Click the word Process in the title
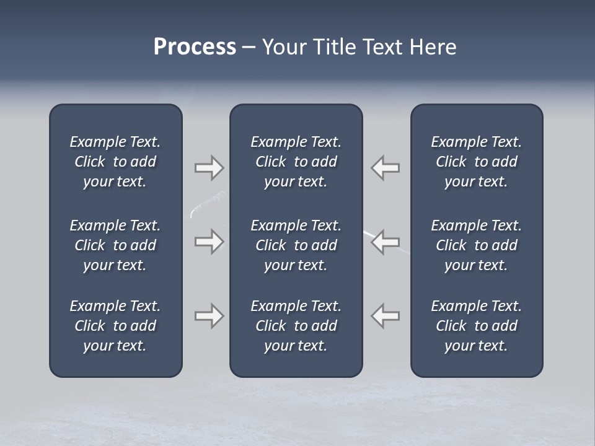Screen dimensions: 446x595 [195, 47]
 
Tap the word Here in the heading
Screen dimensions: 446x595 [433, 47]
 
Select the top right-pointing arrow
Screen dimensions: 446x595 [209, 168]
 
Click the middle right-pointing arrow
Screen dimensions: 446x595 [209, 242]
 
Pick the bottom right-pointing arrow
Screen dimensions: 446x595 [209, 316]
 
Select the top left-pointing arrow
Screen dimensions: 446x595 [385, 168]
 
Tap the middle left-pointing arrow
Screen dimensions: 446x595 [385, 242]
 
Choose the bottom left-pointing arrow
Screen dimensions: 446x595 [385, 316]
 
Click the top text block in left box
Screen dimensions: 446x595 [115, 162]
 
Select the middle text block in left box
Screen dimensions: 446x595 [115, 245]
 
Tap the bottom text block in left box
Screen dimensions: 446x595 [115, 326]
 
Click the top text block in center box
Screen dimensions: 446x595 [296, 162]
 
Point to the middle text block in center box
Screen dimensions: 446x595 [296, 245]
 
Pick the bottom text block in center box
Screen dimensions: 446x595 [296, 326]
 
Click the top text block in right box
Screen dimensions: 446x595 [476, 162]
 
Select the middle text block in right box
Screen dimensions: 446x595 [476, 245]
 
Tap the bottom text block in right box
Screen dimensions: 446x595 [476, 326]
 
